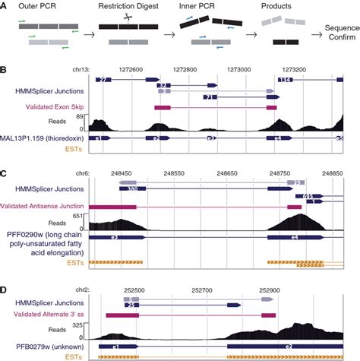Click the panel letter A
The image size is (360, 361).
pos(4,5)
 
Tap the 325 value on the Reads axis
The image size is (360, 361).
pos(78,324)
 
